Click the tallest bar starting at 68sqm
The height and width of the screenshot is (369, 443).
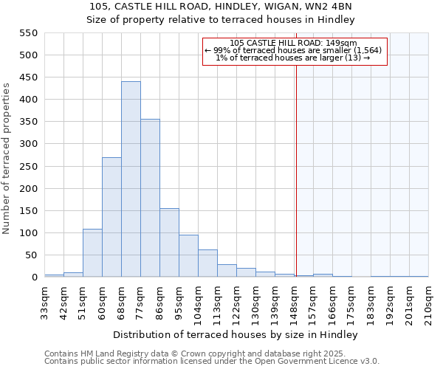click(x=131, y=179)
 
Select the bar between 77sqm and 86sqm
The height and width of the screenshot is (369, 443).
click(x=150, y=198)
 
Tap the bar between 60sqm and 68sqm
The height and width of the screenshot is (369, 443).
click(x=111, y=217)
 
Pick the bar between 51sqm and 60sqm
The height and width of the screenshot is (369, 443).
click(x=92, y=253)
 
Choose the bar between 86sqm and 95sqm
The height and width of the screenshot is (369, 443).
click(x=169, y=243)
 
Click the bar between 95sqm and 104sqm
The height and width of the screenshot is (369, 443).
click(x=188, y=256)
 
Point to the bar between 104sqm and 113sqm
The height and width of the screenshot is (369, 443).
click(x=207, y=263)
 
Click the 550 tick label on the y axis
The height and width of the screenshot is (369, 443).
click(x=28, y=33)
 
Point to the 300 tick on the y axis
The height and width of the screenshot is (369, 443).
click(x=28, y=144)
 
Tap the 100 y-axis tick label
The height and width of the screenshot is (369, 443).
click(x=28, y=233)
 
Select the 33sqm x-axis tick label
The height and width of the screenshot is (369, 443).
click(x=44, y=301)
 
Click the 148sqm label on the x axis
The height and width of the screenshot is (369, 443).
click(x=294, y=301)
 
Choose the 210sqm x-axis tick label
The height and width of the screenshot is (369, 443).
click(x=428, y=301)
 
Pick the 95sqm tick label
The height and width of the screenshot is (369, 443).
click(x=179, y=301)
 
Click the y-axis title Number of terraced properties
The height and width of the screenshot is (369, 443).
click(x=7, y=159)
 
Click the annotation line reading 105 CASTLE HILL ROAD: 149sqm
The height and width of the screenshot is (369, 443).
click(x=293, y=44)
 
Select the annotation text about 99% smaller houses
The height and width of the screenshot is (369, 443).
click(x=293, y=50)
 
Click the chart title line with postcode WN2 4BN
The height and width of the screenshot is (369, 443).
click(x=221, y=7)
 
